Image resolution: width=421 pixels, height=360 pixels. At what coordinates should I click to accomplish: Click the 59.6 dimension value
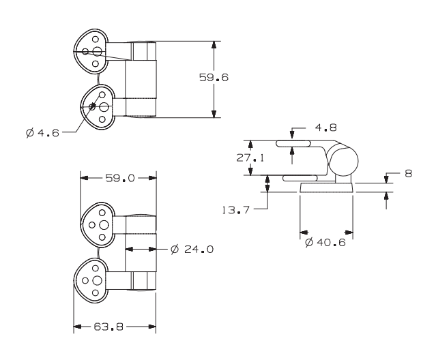[214, 78]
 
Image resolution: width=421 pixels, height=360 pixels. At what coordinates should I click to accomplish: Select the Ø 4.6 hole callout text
[42, 132]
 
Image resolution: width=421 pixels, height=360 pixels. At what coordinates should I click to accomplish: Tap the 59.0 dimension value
[119, 178]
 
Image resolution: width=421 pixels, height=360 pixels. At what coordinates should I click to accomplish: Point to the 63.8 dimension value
[108, 327]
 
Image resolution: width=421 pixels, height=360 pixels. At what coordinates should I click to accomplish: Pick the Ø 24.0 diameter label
[192, 250]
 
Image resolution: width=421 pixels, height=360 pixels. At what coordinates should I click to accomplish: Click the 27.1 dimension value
[250, 157]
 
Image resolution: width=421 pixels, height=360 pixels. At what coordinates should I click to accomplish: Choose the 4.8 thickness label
[325, 127]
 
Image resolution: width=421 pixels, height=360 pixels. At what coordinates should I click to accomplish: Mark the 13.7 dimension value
[236, 210]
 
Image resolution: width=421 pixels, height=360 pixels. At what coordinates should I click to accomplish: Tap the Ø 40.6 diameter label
[325, 243]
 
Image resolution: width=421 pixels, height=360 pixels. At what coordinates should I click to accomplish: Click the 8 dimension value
[408, 174]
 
